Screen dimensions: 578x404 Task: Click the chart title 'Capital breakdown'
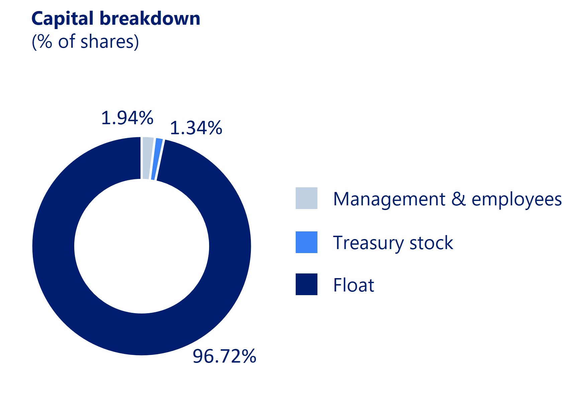(116, 19)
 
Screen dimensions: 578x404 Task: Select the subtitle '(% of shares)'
(85, 42)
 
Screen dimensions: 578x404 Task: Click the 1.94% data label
(127, 118)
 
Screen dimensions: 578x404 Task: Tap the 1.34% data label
(196, 128)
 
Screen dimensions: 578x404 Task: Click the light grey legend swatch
(306, 198)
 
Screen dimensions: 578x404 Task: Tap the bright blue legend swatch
(306, 242)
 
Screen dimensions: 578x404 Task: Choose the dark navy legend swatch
(306, 284)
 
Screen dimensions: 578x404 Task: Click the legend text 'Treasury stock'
(393, 243)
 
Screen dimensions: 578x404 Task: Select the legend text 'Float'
(354, 285)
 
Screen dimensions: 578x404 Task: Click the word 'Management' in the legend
(389, 200)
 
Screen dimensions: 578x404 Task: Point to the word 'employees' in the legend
(517, 200)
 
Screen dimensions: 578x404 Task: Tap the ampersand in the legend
(459, 199)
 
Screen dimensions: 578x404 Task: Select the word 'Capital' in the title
(63, 19)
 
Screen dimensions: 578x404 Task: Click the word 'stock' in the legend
(431, 242)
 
